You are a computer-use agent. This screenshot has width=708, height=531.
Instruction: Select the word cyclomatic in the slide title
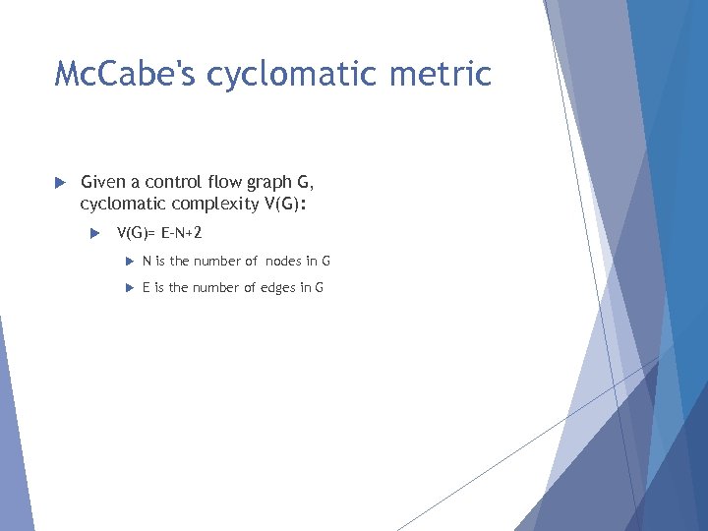(x=297, y=74)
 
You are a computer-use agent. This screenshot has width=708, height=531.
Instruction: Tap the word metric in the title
(x=445, y=74)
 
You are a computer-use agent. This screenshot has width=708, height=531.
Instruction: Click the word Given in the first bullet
(x=103, y=181)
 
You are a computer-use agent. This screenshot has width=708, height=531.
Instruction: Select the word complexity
(x=211, y=205)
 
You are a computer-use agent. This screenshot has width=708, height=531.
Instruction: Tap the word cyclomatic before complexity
(x=122, y=205)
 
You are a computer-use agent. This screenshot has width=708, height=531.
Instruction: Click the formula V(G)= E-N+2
(x=159, y=233)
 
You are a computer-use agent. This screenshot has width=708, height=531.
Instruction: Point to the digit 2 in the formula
(x=198, y=233)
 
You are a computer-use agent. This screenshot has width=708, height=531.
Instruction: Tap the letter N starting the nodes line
(x=147, y=261)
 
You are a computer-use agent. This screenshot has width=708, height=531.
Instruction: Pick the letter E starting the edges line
(x=147, y=287)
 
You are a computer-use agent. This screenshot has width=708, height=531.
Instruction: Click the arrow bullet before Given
(x=60, y=182)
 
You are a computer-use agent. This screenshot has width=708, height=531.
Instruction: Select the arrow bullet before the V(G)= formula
(x=95, y=234)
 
